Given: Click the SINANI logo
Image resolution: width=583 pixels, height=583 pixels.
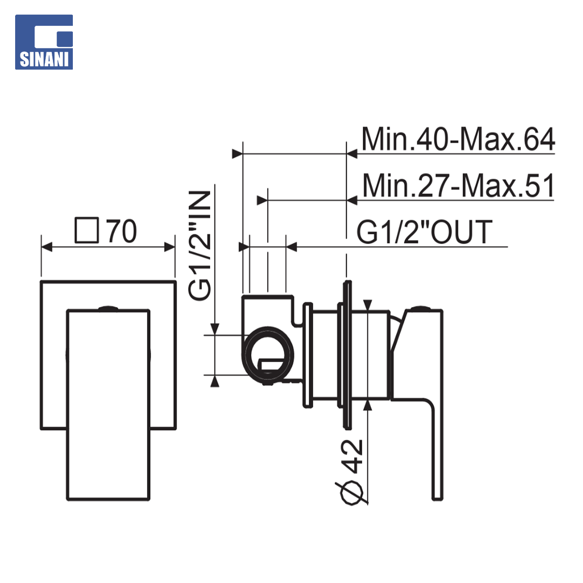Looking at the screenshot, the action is click(x=44, y=42).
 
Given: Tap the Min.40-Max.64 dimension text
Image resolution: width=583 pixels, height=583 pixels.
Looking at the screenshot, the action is click(x=458, y=139).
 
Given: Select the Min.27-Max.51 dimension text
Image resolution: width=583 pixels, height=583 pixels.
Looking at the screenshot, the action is click(x=458, y=186).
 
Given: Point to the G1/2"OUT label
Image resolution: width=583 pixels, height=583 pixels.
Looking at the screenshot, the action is click(x=424, y=232).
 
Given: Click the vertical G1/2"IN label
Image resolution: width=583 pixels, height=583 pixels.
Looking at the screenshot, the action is click(x=200, y=246).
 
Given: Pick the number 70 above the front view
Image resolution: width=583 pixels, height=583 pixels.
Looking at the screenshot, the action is click(x=121, y=231).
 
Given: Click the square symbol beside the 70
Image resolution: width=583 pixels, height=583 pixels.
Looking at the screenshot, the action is click(x=87, y=230).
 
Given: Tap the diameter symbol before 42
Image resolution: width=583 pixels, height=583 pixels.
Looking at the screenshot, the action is click(x=351, y=493).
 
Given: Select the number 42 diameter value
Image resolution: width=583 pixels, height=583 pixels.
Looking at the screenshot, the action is click(x=351, y=456).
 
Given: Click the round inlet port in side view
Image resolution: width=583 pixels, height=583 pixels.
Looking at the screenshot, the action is click(x=268, y=354).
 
